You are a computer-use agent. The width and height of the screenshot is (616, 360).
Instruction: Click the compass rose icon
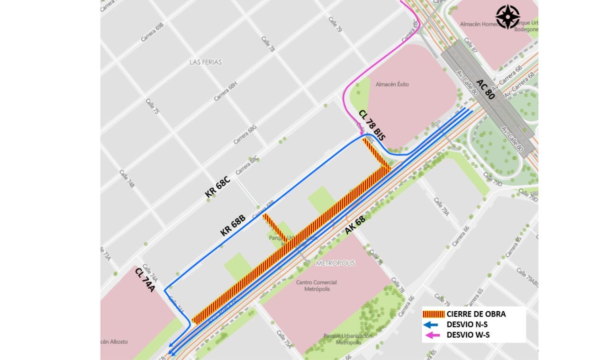click(x=507, y=17)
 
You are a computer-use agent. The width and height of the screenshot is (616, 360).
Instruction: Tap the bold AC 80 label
click(x=486, y=89)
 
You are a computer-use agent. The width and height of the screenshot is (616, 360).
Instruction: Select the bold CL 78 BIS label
click(x=372, y=125)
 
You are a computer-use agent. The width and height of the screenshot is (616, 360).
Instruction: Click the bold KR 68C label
click(x=217, y=187)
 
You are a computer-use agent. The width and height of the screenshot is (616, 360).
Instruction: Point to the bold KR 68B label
click(x=233, y=225)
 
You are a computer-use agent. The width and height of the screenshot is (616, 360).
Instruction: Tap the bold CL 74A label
click(x=145, y=280)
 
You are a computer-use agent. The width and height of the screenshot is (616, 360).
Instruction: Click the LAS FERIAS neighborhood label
click(x=205, y=62)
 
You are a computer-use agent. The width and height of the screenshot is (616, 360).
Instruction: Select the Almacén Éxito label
click(x=392, y=84)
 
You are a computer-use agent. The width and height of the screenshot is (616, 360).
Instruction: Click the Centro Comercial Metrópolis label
click(x=313, y=286)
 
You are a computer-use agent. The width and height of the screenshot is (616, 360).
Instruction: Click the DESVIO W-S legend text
click(x=468, y=335)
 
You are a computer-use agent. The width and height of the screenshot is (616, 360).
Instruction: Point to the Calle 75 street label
click(x=153, y=106)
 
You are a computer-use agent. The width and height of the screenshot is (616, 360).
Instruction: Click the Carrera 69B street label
click(x=152, y=32)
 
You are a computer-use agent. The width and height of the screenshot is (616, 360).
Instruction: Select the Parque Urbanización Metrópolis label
click(x=348, y=339)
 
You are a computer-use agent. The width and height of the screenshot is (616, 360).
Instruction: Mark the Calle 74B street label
click(x=127, y=179)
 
